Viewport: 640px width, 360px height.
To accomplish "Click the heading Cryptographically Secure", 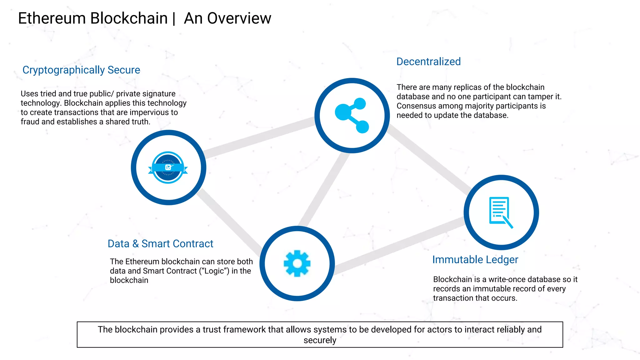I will point(81,70).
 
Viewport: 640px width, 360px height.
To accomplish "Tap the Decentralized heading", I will point(428,62).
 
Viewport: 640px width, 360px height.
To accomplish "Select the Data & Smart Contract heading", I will point(160,244).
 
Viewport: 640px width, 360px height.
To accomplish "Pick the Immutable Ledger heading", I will point(475,260).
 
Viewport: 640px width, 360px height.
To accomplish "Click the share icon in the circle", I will point(352,115).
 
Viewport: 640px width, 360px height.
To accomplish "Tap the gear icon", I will point(297,263).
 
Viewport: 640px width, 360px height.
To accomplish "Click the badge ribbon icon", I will point(168,167).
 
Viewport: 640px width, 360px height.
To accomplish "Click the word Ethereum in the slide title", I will point(52,18).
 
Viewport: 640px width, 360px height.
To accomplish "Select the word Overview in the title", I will point(239,18).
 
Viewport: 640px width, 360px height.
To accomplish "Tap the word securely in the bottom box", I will point(320,340).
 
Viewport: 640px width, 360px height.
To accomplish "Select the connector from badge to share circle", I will point(259,137).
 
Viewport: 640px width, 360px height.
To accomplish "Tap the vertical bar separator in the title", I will point(174,18).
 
